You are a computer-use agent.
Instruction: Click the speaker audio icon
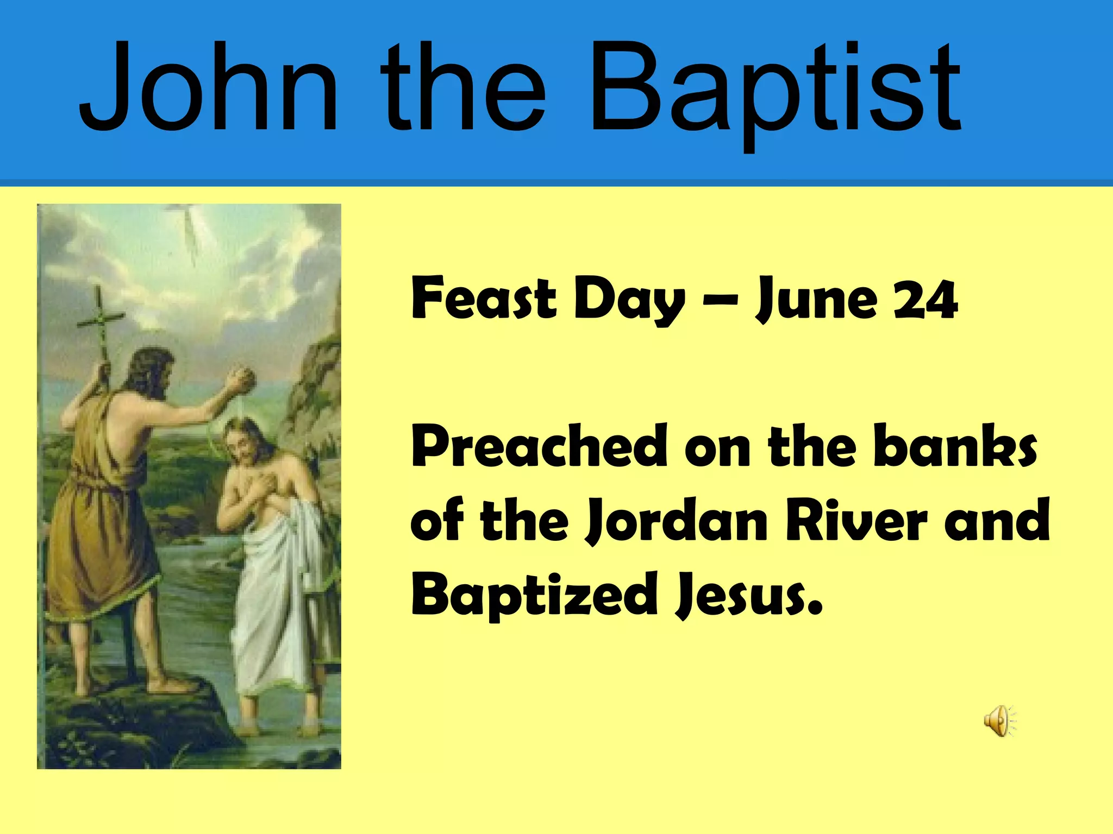pos(999,721)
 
